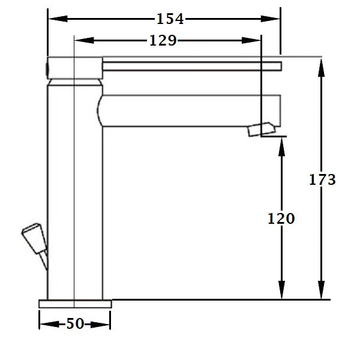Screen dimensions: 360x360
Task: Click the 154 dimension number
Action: pos(170,19)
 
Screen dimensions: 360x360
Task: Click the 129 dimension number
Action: pos(163,41)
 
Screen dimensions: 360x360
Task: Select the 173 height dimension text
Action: pos(322,179)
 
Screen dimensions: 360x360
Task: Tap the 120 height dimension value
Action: pos(281,218)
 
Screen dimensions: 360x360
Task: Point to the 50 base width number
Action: pos(75,324)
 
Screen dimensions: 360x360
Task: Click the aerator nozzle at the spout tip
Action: pos(262,129)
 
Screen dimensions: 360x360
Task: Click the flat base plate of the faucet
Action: pos(75,304)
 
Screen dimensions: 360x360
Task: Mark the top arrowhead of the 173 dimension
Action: pos(322,67)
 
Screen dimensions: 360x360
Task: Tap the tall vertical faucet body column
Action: pos(75,192)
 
